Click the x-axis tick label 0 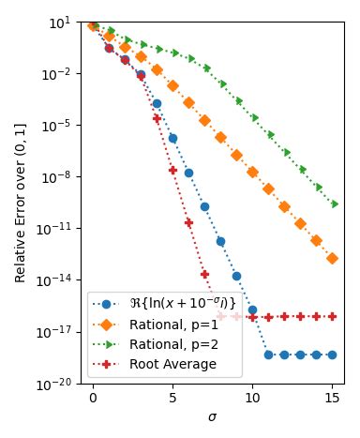pos(93,399)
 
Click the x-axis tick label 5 pos(172,399)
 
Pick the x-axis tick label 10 pos(253,399)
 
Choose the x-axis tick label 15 pos(333,399)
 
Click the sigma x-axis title pos(213,416)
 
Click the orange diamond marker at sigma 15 pos(333,257)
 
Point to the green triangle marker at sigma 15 pos(334,204)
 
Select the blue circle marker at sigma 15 pos(333,355)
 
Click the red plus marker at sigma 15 pos(333,317)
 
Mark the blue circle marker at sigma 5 pos(172,138)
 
